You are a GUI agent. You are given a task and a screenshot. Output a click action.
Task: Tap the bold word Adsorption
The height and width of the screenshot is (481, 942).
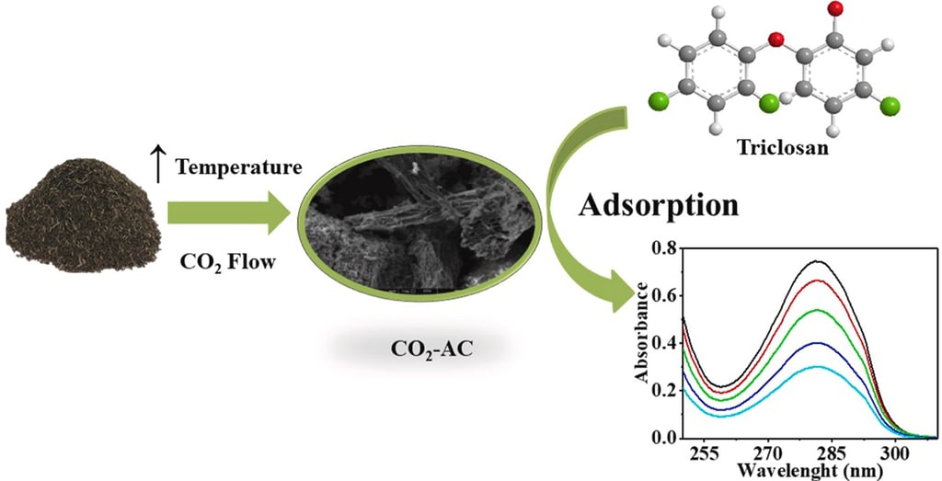coord(659,205)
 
